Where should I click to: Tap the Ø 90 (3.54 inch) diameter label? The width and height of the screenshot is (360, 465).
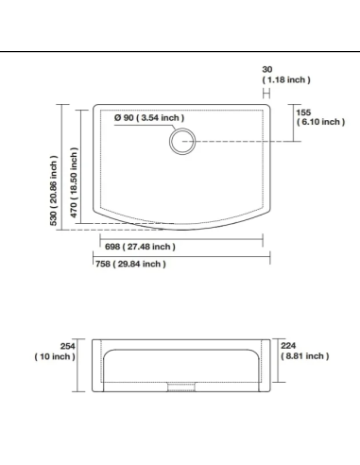[x=149, y=118]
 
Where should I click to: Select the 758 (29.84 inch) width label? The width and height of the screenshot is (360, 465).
[x=130, y=264]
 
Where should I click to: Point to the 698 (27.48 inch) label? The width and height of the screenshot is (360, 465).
[x=140, y=247]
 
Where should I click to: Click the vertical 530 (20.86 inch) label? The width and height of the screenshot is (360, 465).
[x=54, y=190]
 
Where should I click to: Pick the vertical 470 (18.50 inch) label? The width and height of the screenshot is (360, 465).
[x=74, y=182]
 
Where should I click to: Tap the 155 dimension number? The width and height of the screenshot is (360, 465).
[x=303, y=112]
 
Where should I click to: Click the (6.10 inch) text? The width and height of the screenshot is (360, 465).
[x=320, y=122]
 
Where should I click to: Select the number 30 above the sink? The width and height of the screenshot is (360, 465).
[x=267, y=69]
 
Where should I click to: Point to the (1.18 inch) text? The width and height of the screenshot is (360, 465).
[x=286, y=79]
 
